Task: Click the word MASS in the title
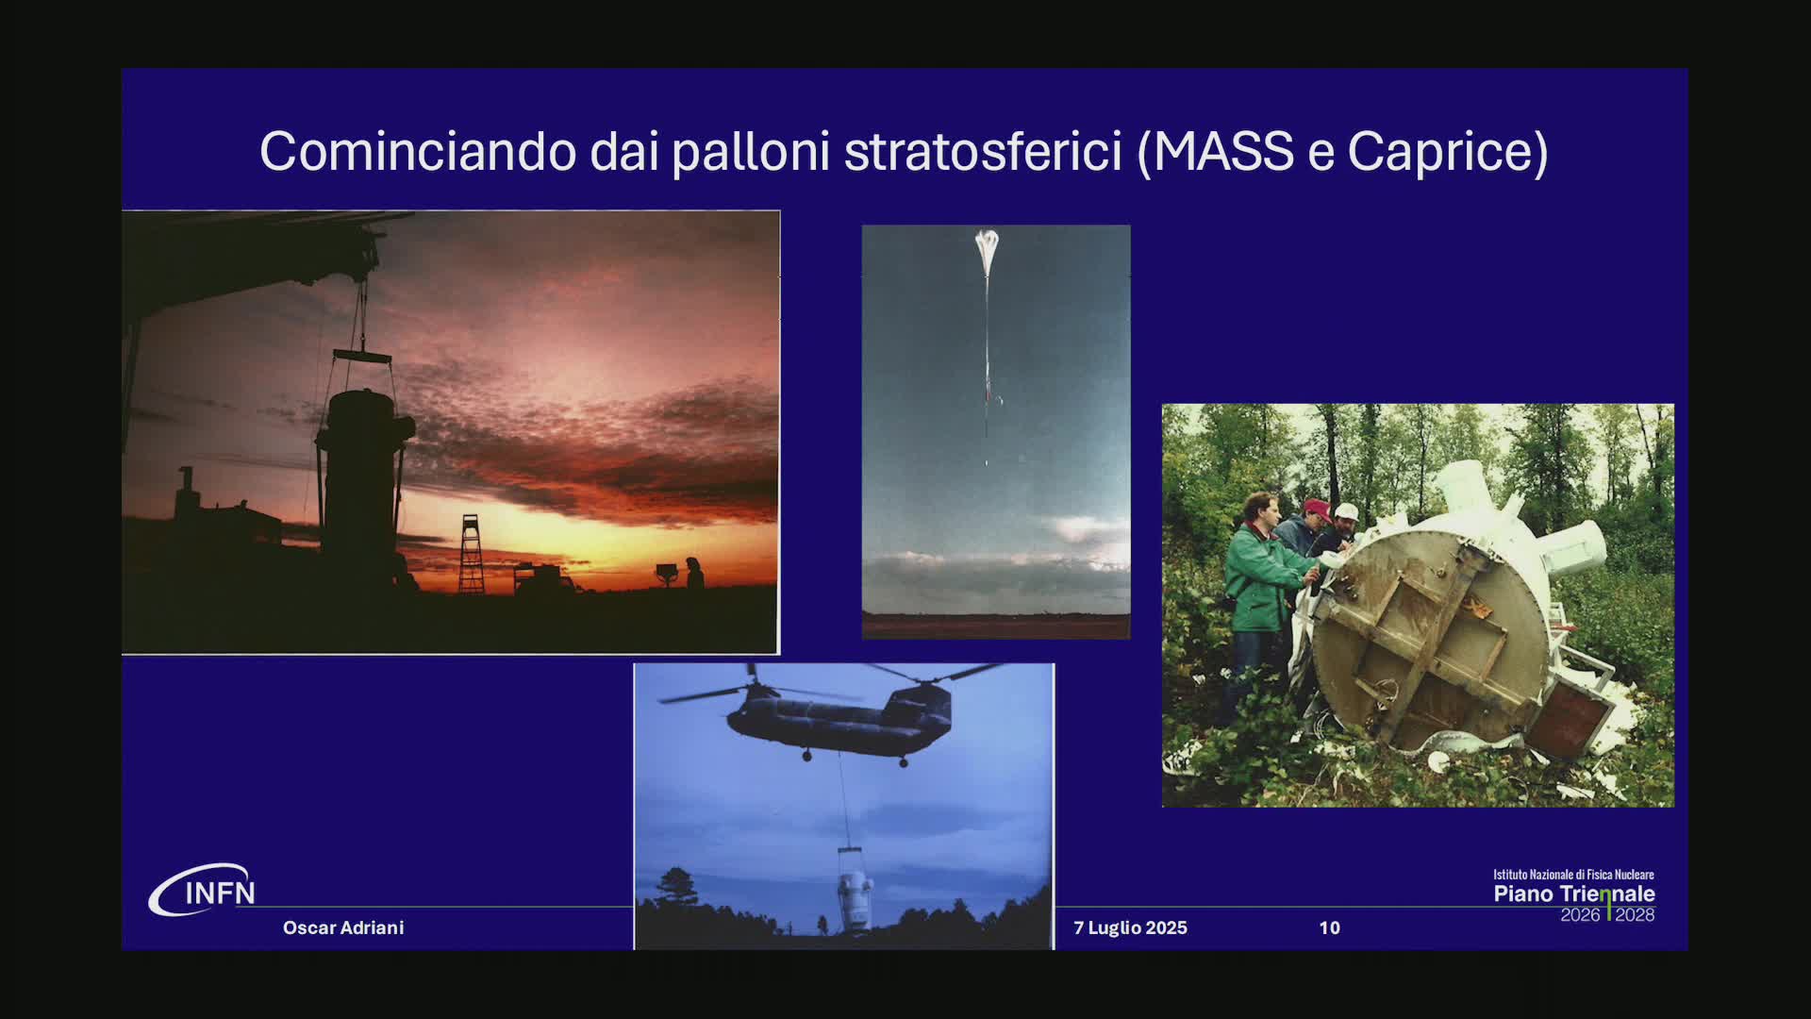1223,151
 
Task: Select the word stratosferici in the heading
982,151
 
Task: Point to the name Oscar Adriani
343,927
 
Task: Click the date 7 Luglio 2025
1130,927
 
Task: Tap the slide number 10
1329,927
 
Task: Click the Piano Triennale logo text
1573,894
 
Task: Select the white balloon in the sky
987,247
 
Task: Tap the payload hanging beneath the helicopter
854,892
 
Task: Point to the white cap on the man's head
1346,511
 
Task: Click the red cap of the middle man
1317,509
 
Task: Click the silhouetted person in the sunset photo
694,572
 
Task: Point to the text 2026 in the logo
1580,915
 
